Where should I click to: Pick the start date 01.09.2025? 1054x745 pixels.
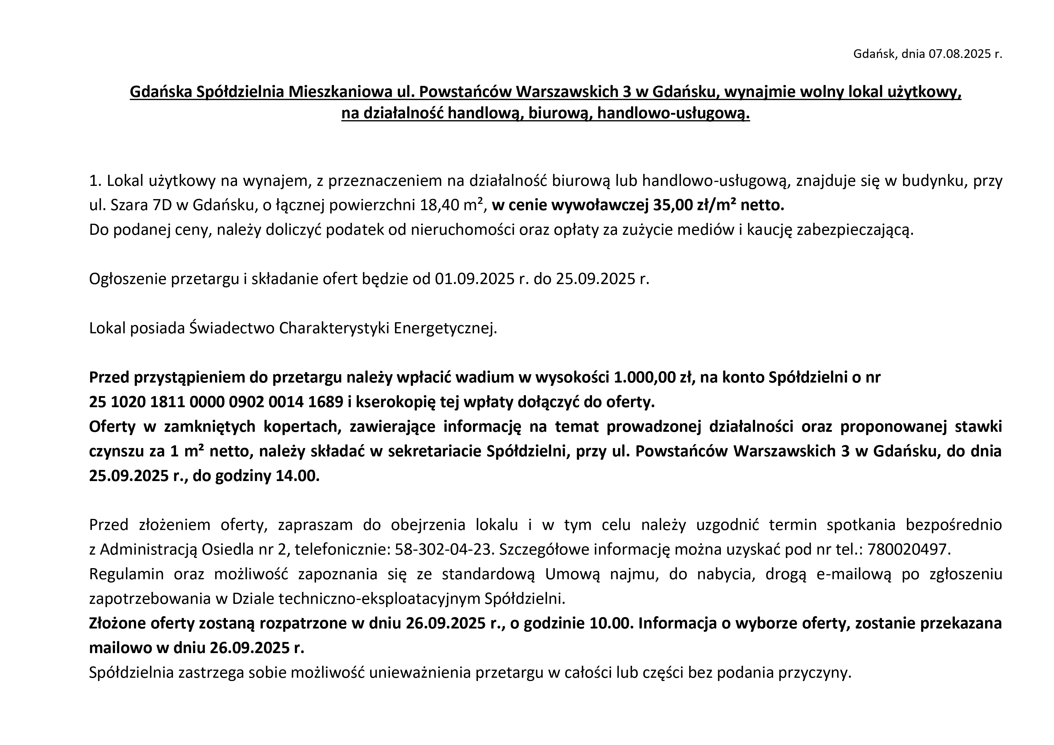point(474,279)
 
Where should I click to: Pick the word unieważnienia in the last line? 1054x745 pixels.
point(420,673)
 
